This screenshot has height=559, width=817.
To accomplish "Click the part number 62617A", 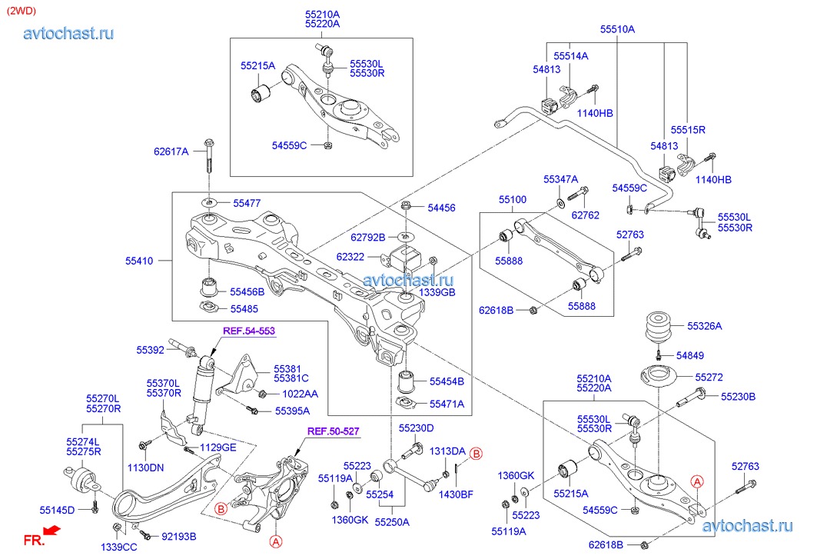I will point(171,151).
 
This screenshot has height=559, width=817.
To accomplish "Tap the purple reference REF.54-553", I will point(249,331).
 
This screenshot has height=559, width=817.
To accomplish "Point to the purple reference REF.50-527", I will point(334,431).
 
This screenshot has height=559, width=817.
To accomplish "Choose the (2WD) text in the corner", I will point(20,11).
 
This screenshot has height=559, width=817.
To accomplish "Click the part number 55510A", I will point(617,29).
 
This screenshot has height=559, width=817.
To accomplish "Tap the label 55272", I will point(709,378).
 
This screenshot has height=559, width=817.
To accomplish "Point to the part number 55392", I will point(151,350).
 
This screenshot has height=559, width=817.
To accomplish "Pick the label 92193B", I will point(178,537).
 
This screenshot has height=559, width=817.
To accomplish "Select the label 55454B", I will point(447,381).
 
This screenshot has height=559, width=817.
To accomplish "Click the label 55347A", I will point(560,178).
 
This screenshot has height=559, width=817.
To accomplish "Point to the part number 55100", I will point(513,200).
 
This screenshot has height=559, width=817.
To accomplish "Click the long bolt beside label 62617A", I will point(210,157).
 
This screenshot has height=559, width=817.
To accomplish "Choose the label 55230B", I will point(738,396).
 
